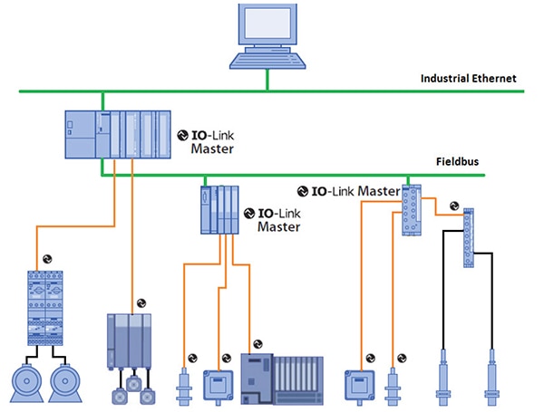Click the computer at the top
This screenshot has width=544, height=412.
pos(268,36)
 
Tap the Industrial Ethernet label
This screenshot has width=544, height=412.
pos(468,79)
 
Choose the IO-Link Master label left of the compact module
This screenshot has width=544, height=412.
pos(348,192)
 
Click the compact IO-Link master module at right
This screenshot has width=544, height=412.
pos(413,210)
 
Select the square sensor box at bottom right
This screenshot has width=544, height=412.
pos(361,384)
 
